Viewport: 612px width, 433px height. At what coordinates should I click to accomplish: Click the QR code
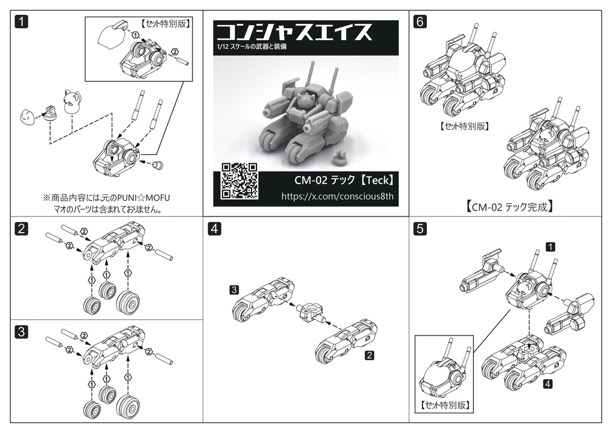tap(239, 181)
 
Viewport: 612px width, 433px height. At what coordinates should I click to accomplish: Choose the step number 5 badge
tap(420, 228)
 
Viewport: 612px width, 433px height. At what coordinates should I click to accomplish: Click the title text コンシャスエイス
tap(293, 32)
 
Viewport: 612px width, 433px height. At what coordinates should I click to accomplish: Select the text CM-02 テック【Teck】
tap(344, 180)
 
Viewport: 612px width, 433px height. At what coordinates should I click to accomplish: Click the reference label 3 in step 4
tap(235, 290)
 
